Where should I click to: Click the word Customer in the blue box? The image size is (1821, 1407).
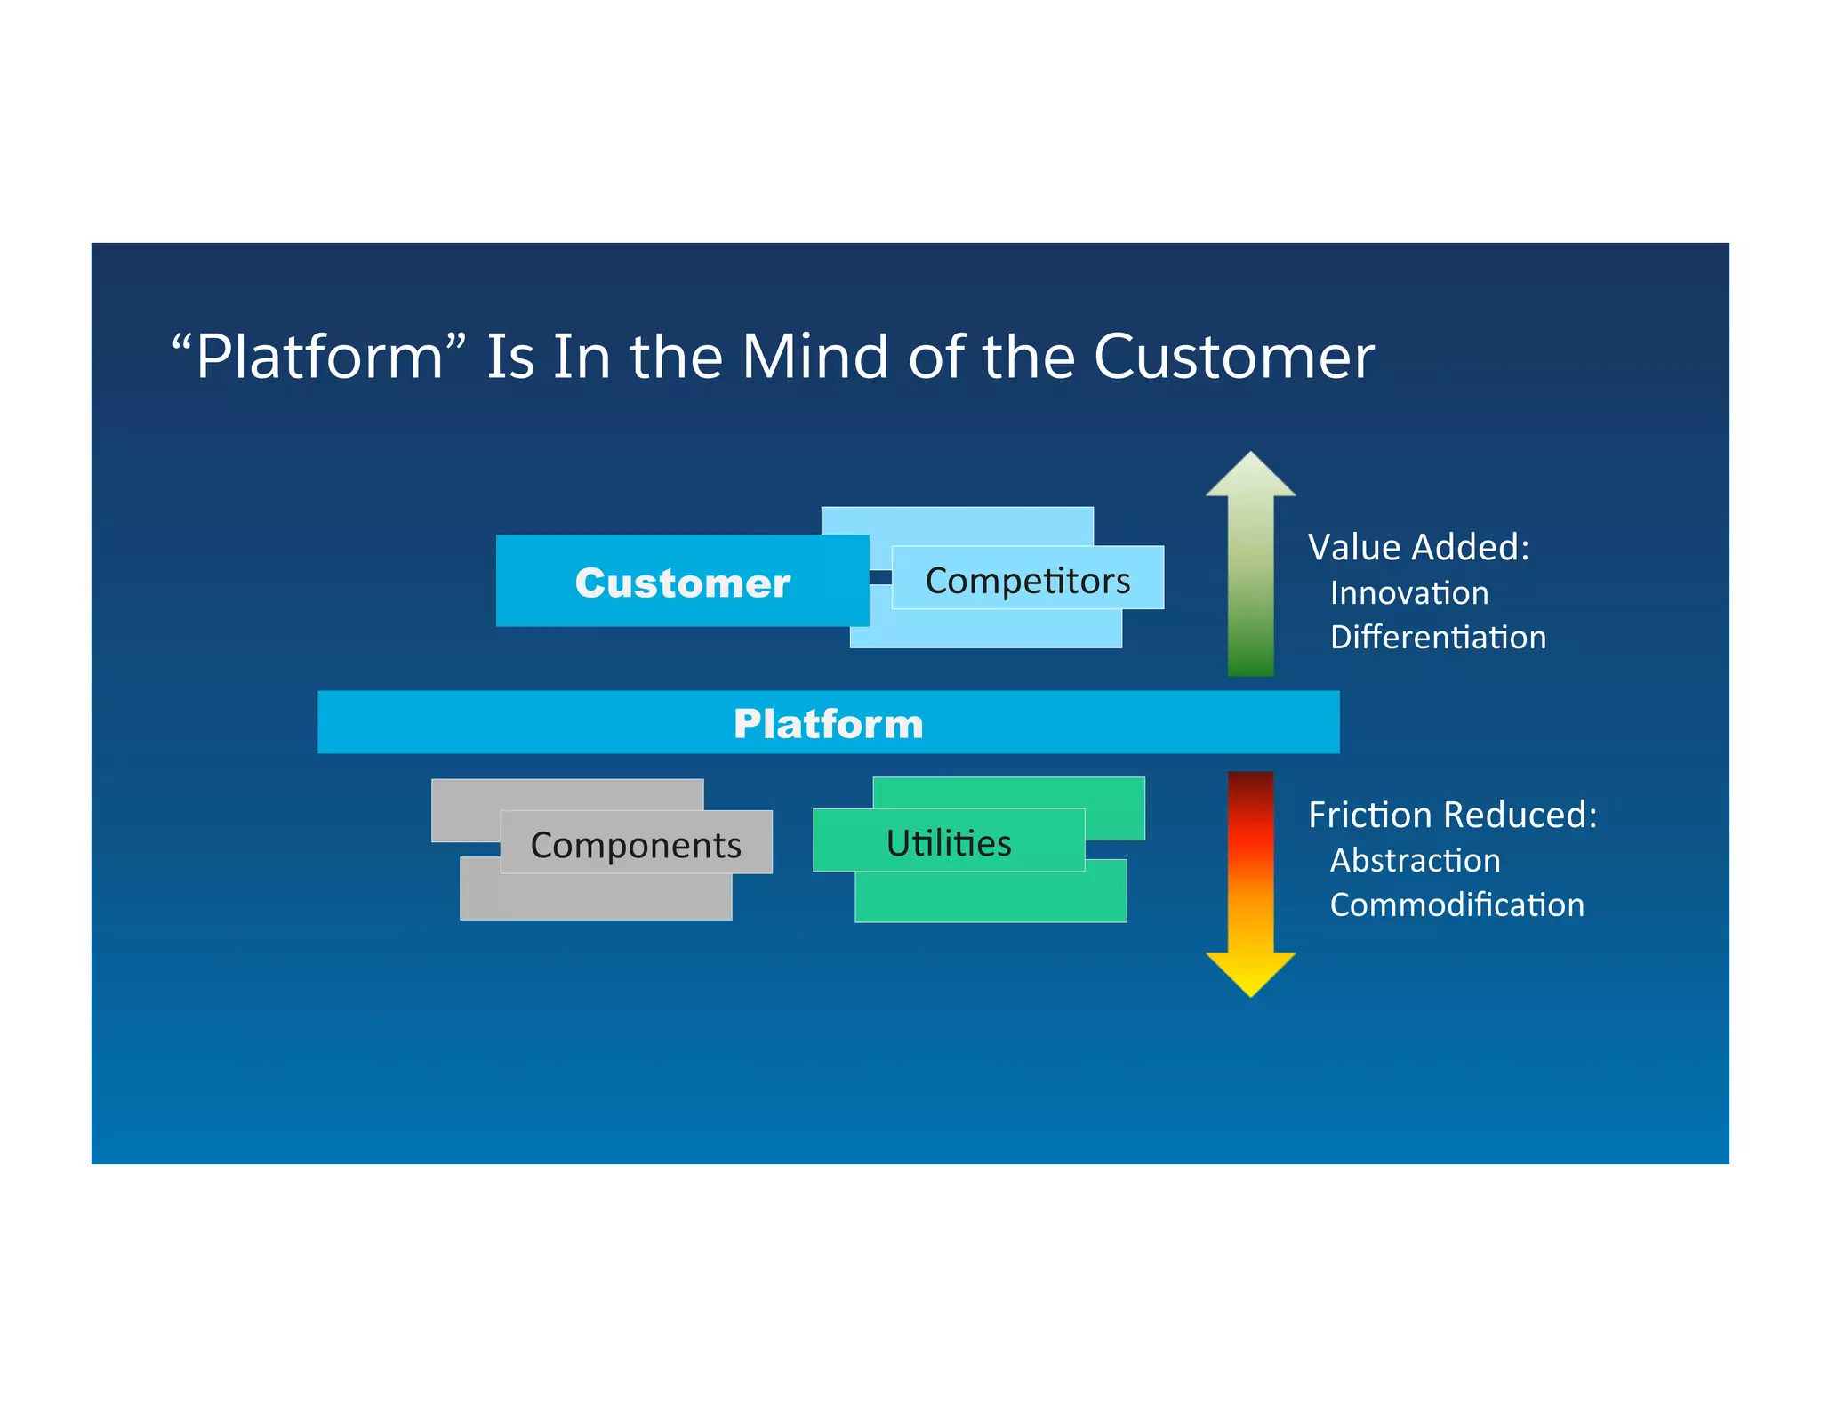coord(682,583)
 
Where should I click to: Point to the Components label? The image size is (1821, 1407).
coord(636,843)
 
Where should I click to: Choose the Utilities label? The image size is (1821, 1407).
coord(948,841)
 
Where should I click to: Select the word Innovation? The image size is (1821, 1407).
coord(1408,592)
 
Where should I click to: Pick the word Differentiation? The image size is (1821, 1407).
coord(1437,637)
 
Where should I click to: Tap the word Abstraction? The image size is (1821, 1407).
coord(1414,860)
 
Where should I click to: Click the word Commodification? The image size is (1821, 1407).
coord(1456,904)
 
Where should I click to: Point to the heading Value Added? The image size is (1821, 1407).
coord(1418,546)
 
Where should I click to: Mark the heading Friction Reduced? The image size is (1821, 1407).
coord(1452,814)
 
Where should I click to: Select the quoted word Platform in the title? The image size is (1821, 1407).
coord(318,356)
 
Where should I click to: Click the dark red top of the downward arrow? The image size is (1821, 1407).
coord(1250,784)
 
